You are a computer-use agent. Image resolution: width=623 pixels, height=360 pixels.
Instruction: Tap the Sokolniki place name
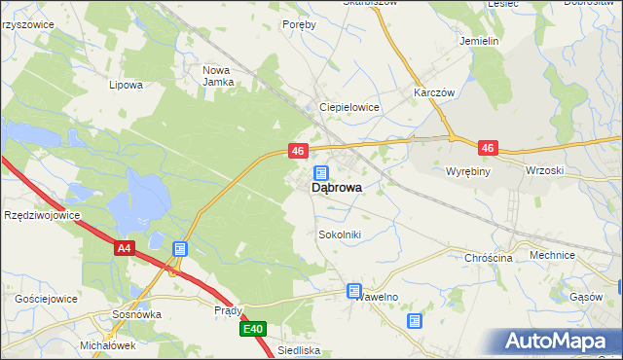click(340, 234)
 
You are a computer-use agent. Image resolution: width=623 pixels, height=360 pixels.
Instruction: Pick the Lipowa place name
click(127, 85)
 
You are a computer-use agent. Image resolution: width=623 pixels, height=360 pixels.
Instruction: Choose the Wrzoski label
click(544, 170)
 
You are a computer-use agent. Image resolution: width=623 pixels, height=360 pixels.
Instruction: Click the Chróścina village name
click(489, 258)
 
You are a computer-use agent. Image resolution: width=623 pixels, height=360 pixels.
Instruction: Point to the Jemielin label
click(479, 42)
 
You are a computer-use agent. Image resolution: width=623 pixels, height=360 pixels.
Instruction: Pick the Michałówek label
click(107, 345)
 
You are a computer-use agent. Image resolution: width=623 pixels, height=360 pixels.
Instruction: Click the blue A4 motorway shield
click(123, 249)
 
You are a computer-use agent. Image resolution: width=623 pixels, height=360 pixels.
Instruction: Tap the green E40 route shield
click(253, 330)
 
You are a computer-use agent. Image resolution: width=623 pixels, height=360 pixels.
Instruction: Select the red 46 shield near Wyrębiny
click(488, 149)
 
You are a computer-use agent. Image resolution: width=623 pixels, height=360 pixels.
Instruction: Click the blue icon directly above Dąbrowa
click(320, 172)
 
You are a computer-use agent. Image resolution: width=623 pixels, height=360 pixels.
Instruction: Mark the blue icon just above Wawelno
click(354, 291)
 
